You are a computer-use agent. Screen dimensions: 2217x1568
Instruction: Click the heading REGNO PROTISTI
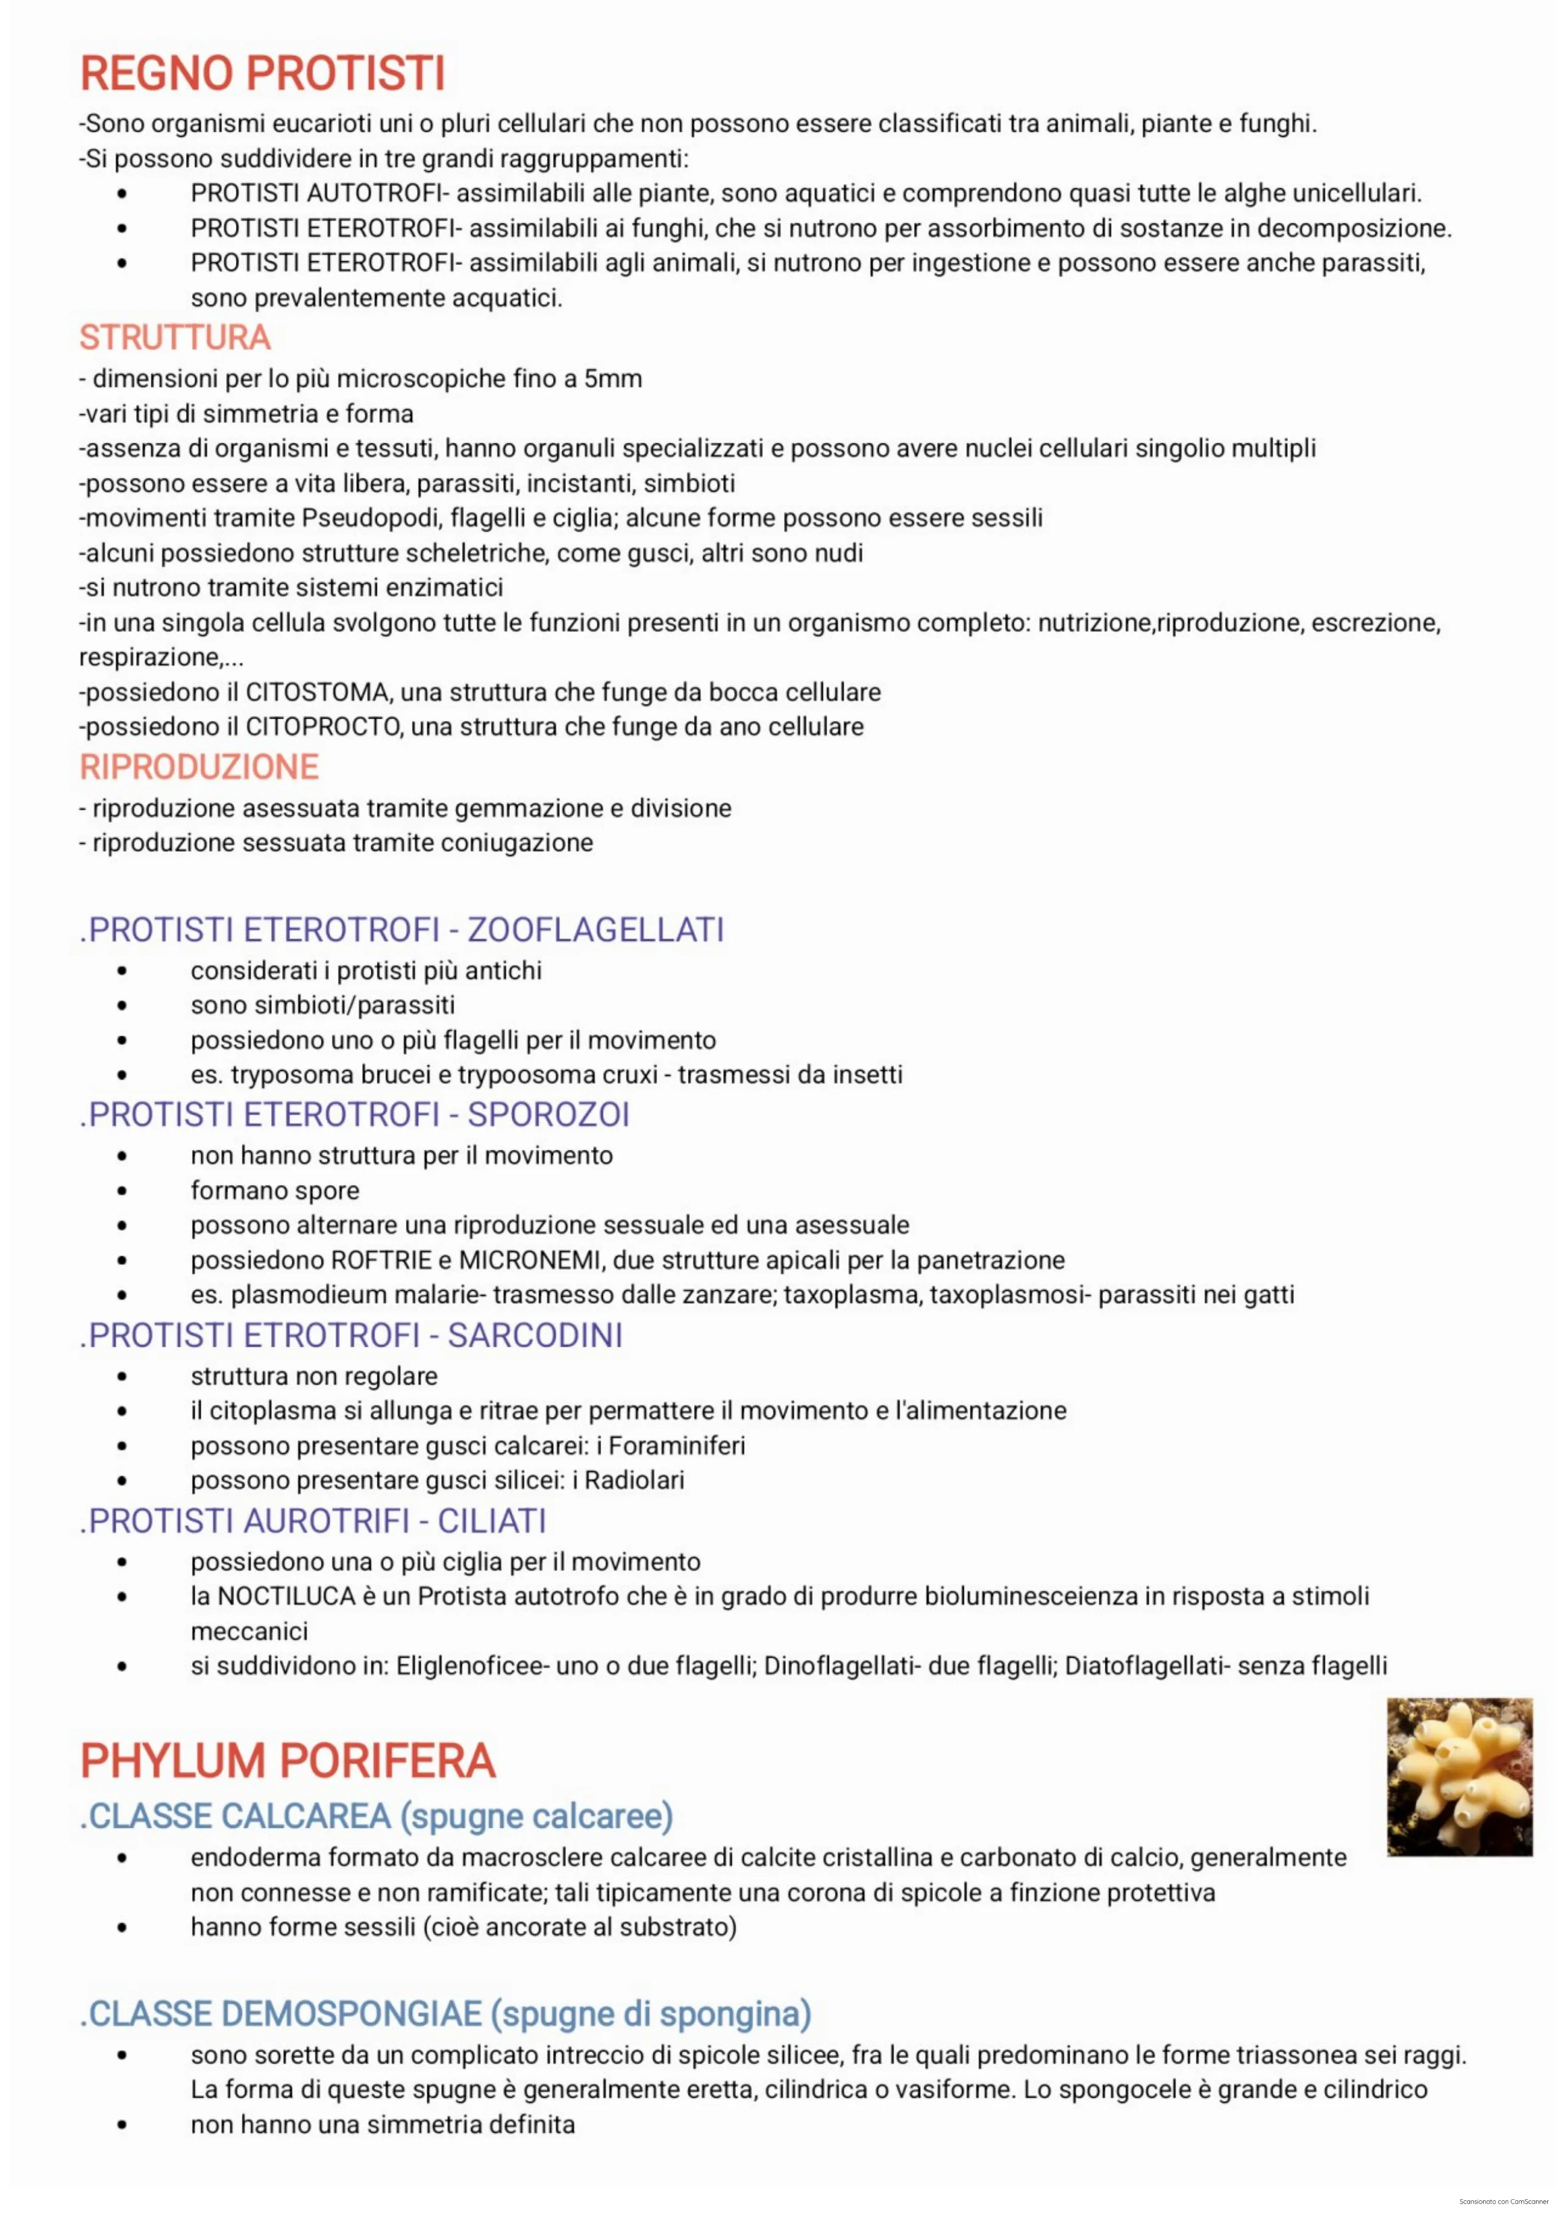tap(262, 73)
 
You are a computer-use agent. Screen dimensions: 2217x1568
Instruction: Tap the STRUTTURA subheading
tap(175, 338)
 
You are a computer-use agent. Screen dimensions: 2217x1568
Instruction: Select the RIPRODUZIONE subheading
tap(199, 768)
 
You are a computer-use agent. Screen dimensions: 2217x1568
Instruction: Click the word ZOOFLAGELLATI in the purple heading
tap(596, 930)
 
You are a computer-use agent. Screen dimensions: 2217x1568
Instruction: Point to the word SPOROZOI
tap(548, 1115)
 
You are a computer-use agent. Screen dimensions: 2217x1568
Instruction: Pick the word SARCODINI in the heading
tap(535, 1336)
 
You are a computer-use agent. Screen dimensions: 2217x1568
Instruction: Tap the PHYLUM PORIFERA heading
tap(288, 1761)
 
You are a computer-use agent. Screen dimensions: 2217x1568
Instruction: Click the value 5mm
tap(613, 379)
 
